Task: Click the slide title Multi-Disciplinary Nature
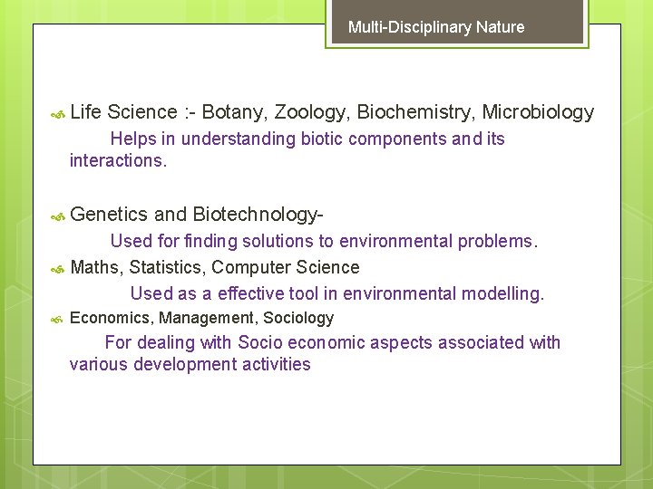(x=436, y=27)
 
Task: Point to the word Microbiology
(x=538, y=112)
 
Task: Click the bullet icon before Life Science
(x=57, y=113)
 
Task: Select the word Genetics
(x=108, y=215)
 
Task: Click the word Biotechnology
(x=258, y=215)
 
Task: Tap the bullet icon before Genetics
(x=57, y=216)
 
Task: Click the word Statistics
(x=168, y=267)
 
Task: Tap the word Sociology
(x=298, y=318)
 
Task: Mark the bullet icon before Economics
(x=57, y=319)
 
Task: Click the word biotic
(x=323, y=139)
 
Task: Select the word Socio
(x=260, y=342)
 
